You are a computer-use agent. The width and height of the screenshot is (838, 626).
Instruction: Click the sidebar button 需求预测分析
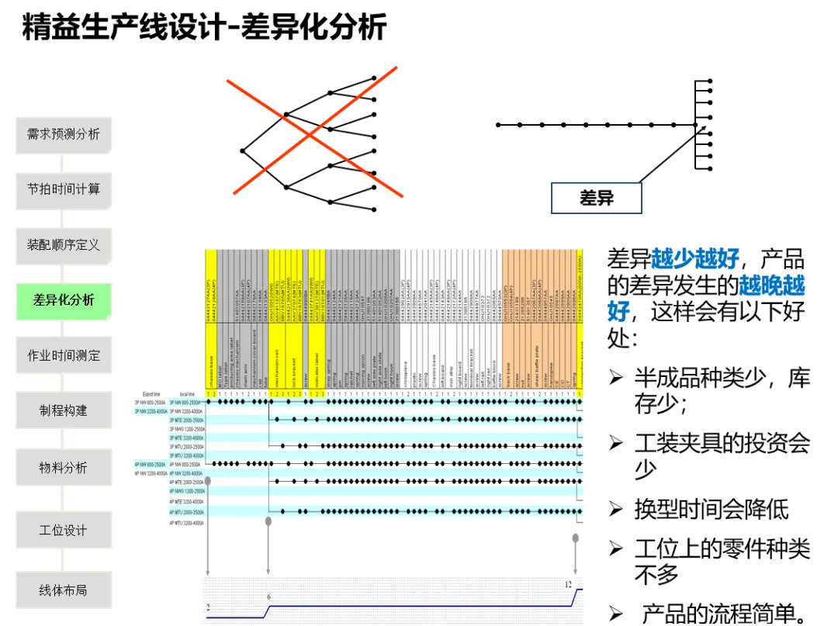(64, 134)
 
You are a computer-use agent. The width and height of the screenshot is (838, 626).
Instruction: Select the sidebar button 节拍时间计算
(64, 189)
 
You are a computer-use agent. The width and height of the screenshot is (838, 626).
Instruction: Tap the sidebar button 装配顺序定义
(64, 245)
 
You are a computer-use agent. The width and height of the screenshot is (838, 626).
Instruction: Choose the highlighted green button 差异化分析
(64, 300)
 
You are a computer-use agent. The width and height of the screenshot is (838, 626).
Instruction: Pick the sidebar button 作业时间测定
(64, 356)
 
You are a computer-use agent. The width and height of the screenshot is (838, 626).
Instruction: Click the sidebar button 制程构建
(64, 411)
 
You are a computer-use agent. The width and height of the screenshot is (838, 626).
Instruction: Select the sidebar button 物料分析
(64, 468)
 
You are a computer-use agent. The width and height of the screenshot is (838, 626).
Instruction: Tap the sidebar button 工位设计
(64, 531)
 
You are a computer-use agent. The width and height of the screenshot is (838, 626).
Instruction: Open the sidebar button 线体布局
(64, 590)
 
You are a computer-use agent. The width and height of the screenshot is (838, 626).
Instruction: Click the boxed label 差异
(596, 198)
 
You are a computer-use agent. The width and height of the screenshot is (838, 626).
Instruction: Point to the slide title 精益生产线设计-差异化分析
(204, 28)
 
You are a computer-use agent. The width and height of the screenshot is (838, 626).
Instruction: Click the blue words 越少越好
(695, 259)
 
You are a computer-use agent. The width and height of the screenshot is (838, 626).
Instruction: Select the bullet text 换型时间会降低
(712, 510)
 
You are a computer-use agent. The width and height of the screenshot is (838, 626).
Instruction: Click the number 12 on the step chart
(569, 584)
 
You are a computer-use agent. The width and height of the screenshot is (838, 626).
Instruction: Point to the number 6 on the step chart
(269, 597)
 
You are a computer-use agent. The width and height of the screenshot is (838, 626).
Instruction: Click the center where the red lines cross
(310, 133)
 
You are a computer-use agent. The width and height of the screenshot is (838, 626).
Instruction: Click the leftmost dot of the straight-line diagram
(498, 125)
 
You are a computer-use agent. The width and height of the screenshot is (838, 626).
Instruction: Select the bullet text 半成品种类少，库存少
(722, 391)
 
